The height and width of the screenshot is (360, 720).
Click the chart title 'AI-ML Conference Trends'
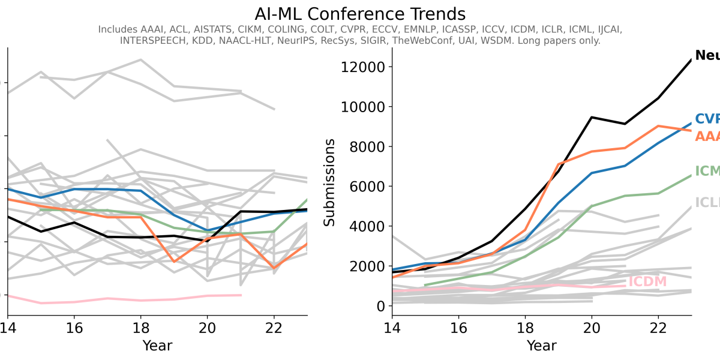[359, 14]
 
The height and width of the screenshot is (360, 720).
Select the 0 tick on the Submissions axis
[380, 306]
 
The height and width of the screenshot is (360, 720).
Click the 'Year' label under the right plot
[541, 346]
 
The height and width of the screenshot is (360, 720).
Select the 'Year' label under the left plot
[157, 346]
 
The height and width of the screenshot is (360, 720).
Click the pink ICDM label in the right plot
[647, 282]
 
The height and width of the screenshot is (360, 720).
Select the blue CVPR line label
[707, 119]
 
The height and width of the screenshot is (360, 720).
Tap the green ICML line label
[707, 171]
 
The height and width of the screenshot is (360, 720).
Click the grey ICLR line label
[707, 203]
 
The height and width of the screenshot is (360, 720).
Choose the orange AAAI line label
[707, 136]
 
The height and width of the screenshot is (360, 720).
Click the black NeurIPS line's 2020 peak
[592, 117]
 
